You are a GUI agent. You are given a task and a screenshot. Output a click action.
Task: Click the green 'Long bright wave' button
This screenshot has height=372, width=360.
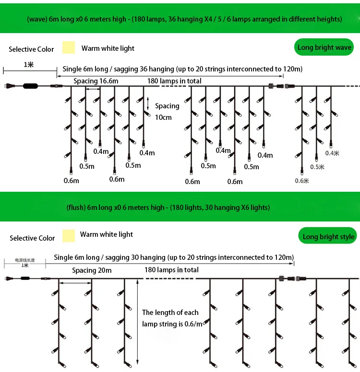(324, 47)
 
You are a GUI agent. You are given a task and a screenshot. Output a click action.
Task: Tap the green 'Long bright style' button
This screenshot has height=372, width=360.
(329, 236)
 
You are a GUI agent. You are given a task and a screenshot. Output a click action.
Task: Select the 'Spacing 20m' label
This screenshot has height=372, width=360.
(92, 270)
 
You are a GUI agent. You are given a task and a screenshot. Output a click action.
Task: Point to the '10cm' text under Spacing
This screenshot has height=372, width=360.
(163, 117)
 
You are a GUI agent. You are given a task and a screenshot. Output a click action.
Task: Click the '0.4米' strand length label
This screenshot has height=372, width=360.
(332, 153)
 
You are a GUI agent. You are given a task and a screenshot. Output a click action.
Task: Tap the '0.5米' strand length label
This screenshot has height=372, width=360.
(317, 167)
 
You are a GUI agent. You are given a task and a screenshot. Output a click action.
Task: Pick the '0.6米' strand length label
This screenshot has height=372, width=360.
(302, 181)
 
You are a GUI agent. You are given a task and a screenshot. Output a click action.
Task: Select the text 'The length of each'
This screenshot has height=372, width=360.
(170, 313)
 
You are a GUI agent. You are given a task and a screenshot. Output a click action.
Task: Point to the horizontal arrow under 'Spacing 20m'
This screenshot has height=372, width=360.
(75, 283)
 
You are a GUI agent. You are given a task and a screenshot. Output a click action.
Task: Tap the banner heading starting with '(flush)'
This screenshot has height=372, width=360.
(168, 208)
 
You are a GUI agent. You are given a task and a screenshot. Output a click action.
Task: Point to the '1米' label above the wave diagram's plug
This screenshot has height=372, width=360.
(29, 64)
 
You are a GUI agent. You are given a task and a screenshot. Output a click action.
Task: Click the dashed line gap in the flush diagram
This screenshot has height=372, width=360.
(170, 279)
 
